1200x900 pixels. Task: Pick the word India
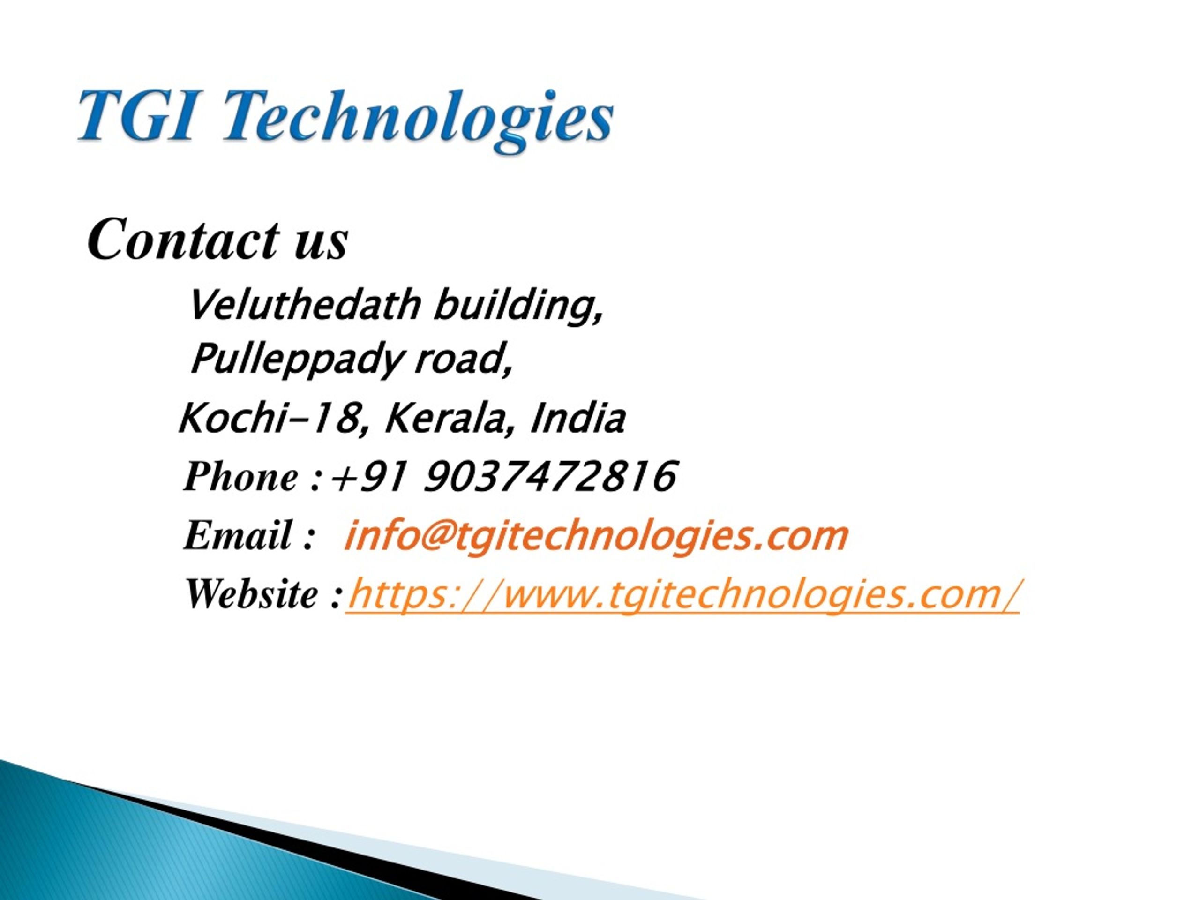click(578, 418)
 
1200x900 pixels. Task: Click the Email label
click(239, 536)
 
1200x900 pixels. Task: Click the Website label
click(252, 594)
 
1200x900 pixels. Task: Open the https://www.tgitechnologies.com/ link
click(683, 594)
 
